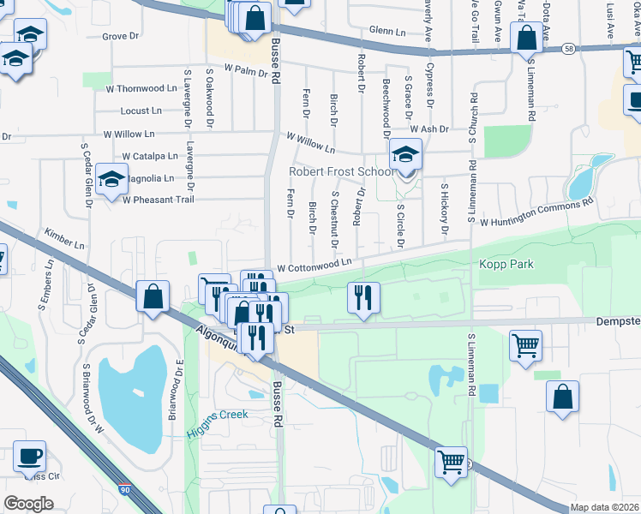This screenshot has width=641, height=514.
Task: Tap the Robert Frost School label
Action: (340, 171)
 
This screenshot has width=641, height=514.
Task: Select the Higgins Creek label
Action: (217, 415)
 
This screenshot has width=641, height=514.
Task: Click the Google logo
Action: (28, 503)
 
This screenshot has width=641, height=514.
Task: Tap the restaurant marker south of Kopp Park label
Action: (363, 298)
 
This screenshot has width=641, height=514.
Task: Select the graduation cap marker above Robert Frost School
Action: (404, 155)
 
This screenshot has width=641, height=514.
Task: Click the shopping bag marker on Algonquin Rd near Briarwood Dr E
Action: (152, 297)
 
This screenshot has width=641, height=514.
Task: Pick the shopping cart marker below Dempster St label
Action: (525, 346)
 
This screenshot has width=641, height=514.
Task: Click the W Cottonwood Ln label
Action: (314, 266)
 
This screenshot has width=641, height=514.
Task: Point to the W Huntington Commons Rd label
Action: (536, 212)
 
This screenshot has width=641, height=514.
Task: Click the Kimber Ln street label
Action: (65, 239)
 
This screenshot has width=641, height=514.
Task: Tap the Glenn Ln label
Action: (387, 31)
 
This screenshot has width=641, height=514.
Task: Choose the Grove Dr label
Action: (120, 36)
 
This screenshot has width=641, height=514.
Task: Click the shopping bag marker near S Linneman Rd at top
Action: (525, 38)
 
